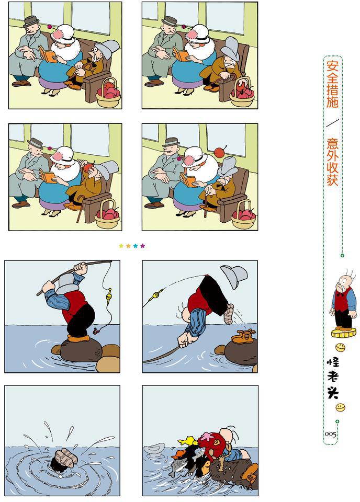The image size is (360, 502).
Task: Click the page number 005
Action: pyautogui.click(x=331, y=434)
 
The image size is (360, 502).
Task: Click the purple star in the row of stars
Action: pyautogui.click(x=142, y=246)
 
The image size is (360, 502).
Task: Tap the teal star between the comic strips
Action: pyautogui.click(x=135, y=246)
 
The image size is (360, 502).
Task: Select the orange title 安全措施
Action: pyautogui.click(x=332, y=84)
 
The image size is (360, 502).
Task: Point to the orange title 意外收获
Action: pyautogui.click(x=332, y=162)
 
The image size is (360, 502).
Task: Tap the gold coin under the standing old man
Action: pyautogui.click(x=343, y=333)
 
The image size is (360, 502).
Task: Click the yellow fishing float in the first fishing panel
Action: pyautogui.click(x=109, y=293)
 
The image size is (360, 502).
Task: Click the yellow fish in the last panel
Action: pyautogui.click(x=188, y=441)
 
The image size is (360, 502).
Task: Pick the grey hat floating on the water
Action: pyautogui.click(x=154, y=449)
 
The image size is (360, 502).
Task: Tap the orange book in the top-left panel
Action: pyautogui.click(x=48, y=54)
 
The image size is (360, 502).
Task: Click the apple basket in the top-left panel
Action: pyautogui.click(x=109, y=93)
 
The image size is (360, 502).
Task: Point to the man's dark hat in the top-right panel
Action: pyautogui.click(x=170, y=21)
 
